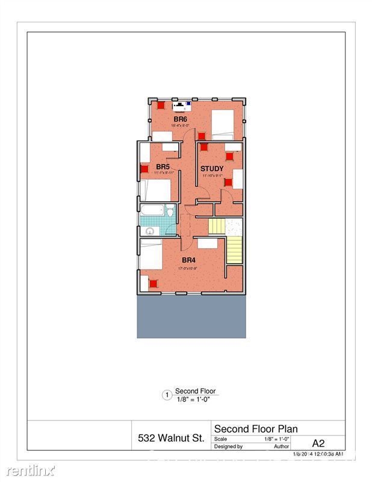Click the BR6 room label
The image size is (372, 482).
coord(181,119)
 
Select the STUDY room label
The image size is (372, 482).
coord(212,169)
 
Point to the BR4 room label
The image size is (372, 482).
coord(189,260)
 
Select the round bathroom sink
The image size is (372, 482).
coord(150,230)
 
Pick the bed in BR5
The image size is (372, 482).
coord(155,190)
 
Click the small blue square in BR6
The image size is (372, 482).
coord(188,104)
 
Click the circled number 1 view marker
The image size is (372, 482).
coord(167,395)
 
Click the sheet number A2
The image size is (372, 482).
coord(319,441)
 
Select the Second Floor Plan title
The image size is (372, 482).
coord(256,429)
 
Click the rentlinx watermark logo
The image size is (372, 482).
coord(28,469)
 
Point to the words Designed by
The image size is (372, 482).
coord(228,447)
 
